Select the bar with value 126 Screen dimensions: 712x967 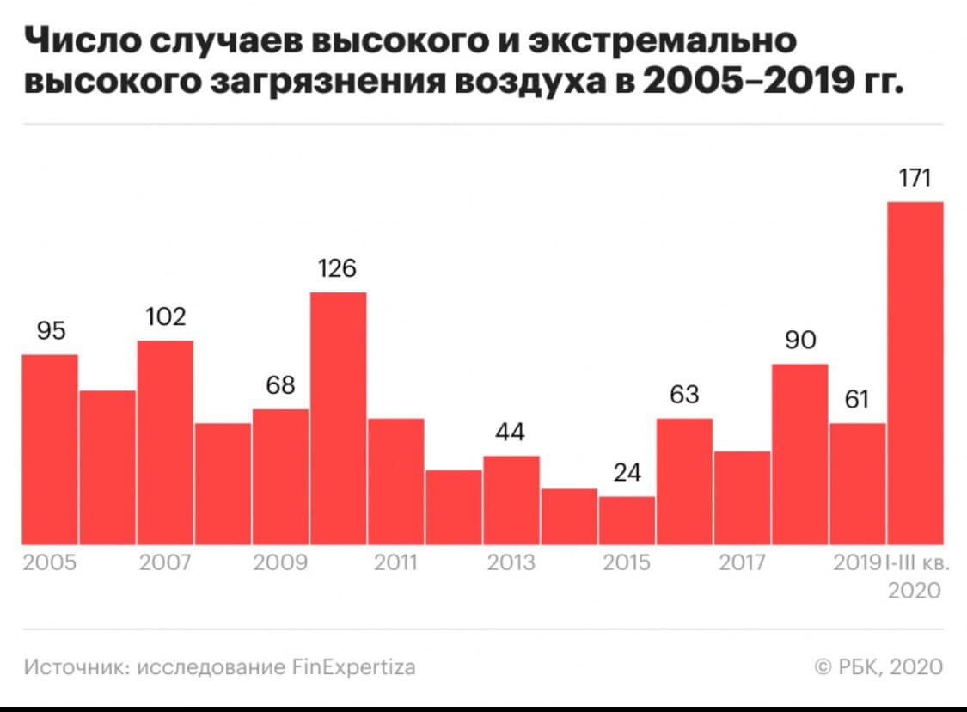(x=339, y=418)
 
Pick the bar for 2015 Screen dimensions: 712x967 (x=627, y=519)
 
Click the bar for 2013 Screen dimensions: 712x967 (x=511, y=500)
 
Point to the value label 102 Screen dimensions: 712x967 (x=165, y=318)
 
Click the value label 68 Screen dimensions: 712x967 (x=280, y=386)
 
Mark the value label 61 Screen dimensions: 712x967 (x=857, y=400)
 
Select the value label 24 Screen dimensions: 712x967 (x=627, y=474)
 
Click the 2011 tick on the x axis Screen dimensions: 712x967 (x=396, y=564)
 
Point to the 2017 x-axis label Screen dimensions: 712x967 (x=742, y=564)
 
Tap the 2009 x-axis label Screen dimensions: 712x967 (x=280, y=564)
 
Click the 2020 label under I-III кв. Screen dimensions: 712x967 (x=915, y=592)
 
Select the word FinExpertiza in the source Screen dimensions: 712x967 (x=354, y=666)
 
